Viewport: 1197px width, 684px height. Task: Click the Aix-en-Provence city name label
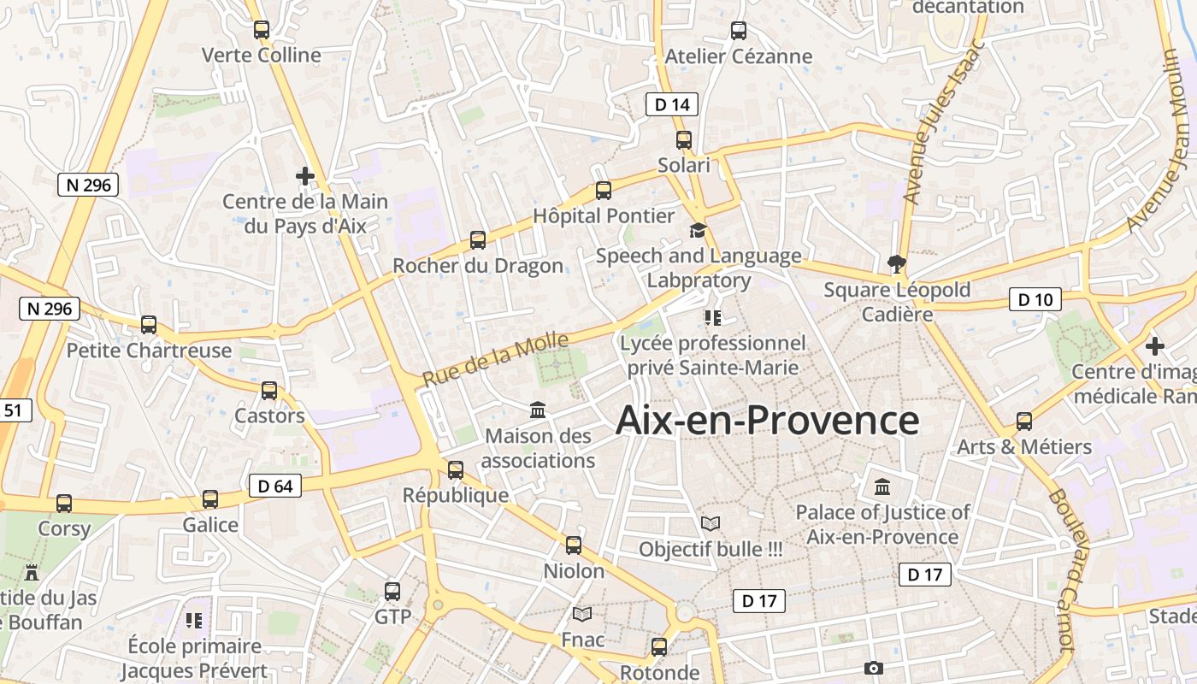767,421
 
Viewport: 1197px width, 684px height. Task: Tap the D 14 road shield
671,104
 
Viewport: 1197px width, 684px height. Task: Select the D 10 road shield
1035,299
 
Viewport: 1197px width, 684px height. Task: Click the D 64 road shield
275,486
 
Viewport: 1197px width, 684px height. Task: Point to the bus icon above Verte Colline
262,30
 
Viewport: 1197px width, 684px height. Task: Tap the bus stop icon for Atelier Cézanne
739,31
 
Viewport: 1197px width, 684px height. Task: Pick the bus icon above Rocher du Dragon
478,240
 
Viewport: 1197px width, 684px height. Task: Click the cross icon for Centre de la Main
305,176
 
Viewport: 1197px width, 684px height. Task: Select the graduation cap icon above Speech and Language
699,230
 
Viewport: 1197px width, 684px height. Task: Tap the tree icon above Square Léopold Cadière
896,263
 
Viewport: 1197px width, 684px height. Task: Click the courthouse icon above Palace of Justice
882,486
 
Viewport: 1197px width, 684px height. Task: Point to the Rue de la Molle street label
495,360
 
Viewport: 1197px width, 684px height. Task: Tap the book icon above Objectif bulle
711,522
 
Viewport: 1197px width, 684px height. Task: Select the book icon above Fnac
582,614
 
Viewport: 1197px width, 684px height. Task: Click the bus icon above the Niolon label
574,545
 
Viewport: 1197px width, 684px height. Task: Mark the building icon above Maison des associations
538,410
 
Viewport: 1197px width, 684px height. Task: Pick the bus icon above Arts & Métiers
1024,421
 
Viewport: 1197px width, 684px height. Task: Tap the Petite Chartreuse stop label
149,351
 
